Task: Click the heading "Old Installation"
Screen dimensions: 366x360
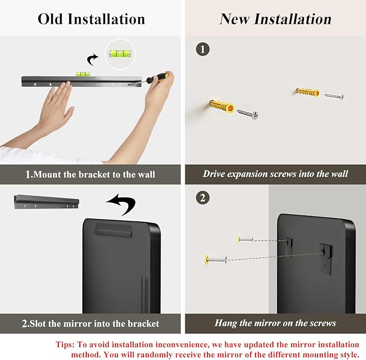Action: click(x=91, y=19)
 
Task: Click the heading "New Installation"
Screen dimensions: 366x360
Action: click(x=275, y=19)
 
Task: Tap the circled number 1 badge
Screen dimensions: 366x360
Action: click(x=203, y=49)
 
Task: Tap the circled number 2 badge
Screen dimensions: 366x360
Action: click(x=203, y=198)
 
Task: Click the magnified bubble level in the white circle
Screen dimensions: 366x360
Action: click(x=120, y=53)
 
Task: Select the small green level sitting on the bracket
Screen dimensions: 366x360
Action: click(x=82, y=74)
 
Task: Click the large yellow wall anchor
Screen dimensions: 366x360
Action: click(x=222, y=106)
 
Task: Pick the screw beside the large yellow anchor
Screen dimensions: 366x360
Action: click(x=247, y=114)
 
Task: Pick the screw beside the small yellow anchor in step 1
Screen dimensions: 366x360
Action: click(x=334, y=96)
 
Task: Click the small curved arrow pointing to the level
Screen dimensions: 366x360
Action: click(x=92, y=59)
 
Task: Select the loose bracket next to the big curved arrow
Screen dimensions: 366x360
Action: click(x=46, y=202)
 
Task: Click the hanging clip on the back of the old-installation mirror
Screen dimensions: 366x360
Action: click(x=113, y=230)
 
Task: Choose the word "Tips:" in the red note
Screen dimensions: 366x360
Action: click(x=65, y=344)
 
